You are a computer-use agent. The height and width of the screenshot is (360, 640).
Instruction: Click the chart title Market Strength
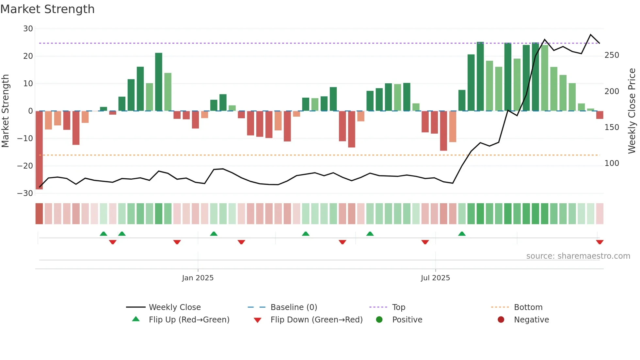click(x=47, y=9)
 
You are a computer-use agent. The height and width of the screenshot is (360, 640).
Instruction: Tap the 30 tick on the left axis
click(x=28, y=29)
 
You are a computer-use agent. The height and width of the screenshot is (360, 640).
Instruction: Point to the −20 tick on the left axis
click(x=25, y=166)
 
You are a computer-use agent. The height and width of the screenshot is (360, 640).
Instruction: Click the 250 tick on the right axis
click(x=612, y=55)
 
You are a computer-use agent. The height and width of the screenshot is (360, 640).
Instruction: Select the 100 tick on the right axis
click(x=612, y=163)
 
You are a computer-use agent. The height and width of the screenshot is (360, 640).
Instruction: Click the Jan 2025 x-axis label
click(x=198, y=278)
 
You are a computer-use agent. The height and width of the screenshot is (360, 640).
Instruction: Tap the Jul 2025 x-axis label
click(x=435, y=278)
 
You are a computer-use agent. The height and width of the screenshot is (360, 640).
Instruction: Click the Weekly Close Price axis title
click(x=632, y=111)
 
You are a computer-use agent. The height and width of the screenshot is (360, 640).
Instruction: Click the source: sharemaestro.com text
click(x=578, y=256)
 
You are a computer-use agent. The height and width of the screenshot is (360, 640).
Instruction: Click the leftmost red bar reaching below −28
click(x=39, y=150)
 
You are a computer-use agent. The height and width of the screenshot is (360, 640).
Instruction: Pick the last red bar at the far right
click(x=600, y=115)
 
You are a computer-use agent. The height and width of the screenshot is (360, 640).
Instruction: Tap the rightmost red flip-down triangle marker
click(x=600, y=242)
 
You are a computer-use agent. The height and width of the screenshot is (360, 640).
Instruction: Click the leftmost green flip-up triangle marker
click(x=104, y=234)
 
